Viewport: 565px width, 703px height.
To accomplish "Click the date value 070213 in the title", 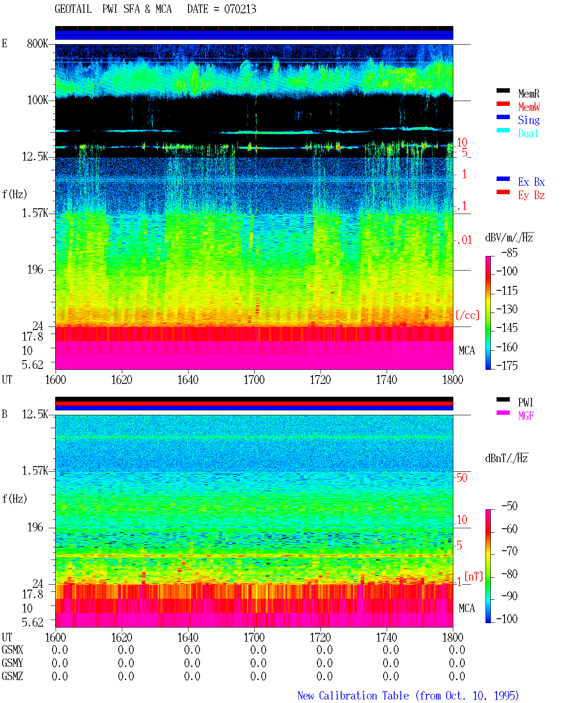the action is (240, 9).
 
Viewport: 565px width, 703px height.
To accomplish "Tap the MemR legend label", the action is (528, 94).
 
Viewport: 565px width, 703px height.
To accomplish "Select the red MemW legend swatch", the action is (503, 104).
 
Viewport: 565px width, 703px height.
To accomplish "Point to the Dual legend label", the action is (528, 133).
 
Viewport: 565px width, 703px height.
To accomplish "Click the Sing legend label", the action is (528, 120).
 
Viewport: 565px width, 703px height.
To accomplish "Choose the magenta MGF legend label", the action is (526, 416).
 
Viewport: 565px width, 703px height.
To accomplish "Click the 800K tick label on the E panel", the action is (38, 43).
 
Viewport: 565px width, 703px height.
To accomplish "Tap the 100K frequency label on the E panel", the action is (38, 100).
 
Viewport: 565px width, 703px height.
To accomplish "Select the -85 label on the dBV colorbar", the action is (509, 252).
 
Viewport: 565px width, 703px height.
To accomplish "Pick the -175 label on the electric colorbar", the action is (507, 365).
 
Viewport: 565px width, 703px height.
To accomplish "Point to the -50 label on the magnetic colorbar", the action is (509, 506).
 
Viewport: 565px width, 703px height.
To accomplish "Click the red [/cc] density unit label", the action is (467, 315).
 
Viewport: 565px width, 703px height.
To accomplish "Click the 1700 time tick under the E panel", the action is (254, 380).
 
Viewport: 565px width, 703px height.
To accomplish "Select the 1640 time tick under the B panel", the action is (188, 637).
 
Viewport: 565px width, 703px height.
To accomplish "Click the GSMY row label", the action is (12, 663).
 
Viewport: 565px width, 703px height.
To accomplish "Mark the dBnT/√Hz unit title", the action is (506, 458).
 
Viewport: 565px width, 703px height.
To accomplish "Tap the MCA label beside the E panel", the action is (467, 350).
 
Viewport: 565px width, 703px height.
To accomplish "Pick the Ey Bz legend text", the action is (531, 195).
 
